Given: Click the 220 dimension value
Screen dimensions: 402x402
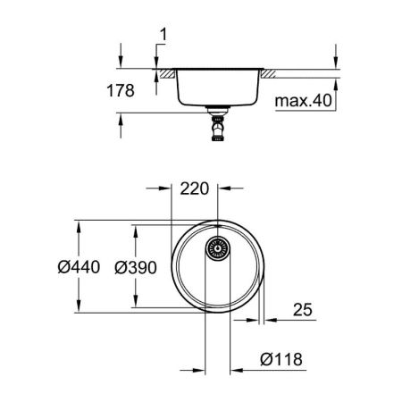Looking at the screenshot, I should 195,189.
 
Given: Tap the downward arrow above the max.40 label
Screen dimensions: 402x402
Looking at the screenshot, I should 336,60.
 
